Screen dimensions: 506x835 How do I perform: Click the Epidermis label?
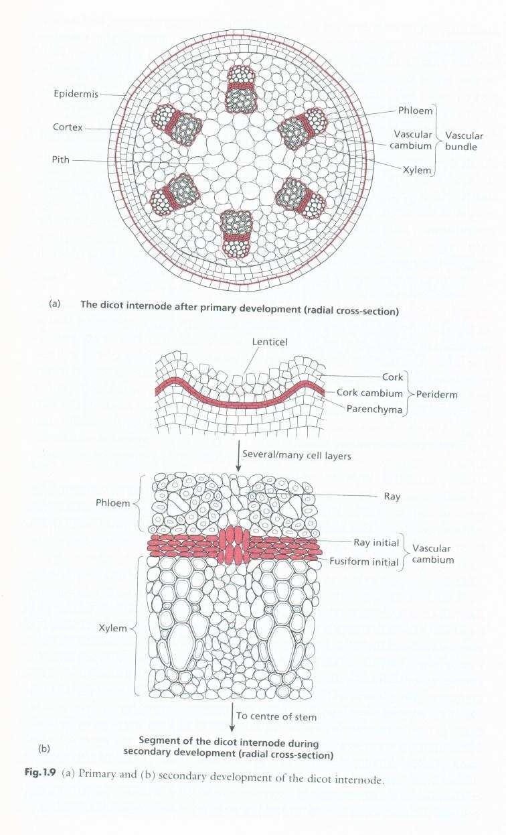point(76,94)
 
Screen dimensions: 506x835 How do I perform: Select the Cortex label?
point(68,127)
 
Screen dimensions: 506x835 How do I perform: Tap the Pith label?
point(61,159)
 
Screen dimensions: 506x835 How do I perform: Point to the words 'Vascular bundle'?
point(464,141)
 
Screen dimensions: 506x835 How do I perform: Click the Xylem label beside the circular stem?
point(416,170)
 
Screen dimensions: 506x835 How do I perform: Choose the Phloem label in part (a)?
point(415,111)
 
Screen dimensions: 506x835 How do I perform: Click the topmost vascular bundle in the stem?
point(242,89)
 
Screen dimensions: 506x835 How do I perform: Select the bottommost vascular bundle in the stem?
point(236,234)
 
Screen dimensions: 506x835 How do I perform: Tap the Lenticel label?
point(270,342)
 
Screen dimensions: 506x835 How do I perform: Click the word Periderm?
point(437,395)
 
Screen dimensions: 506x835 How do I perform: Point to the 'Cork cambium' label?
point(369,393)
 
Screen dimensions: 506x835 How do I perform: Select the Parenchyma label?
point(375,409)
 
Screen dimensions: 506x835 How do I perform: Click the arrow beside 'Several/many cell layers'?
point(237,454)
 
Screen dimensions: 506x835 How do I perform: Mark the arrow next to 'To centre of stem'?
point(232,718)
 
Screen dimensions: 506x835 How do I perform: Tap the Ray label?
point(392,496)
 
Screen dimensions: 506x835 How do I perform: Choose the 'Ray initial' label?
point(376,542)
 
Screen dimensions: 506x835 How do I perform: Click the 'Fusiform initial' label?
point(364,562)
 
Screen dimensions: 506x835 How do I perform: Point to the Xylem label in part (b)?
point(113,628)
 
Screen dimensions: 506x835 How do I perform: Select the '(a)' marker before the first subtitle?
point(54,304)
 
